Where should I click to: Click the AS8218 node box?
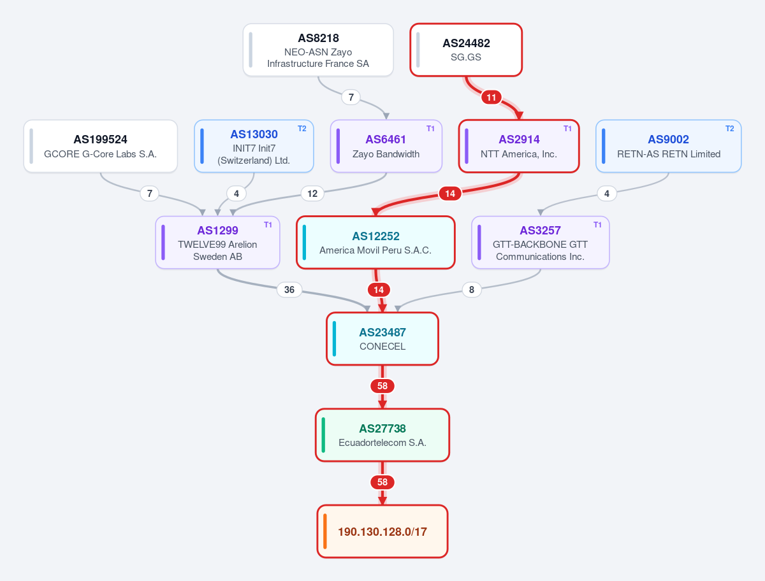(318, 50)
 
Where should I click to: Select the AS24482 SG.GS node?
(466, 50)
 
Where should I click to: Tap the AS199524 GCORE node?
(100, 147)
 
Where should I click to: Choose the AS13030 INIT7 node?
(254, 147)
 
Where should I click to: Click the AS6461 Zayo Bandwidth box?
(386, 147)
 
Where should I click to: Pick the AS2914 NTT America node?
(519, 147)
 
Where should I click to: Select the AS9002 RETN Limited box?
(669, 147)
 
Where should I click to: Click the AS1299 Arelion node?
(217, 242)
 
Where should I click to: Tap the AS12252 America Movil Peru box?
(375, 242)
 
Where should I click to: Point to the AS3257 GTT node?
(540, 242)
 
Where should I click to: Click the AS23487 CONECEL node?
(382, 339)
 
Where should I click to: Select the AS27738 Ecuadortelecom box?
(382, 435)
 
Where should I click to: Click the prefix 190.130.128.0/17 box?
(382, 531)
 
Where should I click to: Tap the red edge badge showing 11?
(492, 97)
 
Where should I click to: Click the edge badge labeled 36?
(289, 290)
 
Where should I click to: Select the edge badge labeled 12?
(312, 194)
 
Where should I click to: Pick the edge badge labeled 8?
(472, 290)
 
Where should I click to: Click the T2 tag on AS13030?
(302, 129)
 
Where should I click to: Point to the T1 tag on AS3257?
(597, 225)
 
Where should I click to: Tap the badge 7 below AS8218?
(351, 97)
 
